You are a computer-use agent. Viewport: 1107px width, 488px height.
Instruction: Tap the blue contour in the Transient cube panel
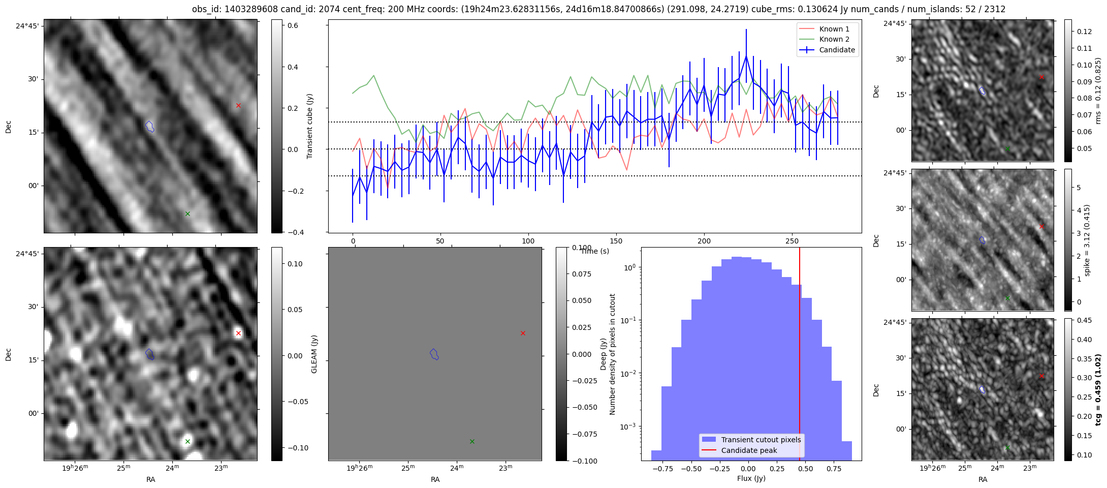[x=149, y=126]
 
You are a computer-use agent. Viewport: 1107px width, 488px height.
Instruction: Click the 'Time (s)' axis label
[x=595, y=251]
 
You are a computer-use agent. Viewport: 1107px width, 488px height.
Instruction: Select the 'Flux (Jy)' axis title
[x=751, y=478]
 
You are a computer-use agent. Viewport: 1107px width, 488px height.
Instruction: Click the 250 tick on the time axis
[x=792, y=241]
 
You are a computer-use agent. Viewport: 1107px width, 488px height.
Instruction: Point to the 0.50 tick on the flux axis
[x=806, y=469]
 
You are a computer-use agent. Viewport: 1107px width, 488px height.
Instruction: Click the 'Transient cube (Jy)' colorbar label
[x=309, y=126]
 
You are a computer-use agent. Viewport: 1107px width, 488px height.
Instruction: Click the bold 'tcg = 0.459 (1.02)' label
[x=1098, y=390]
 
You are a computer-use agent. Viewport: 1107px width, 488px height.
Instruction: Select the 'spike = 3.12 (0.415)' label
[x=1087, y=240]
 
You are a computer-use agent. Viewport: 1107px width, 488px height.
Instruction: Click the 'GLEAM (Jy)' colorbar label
[x=314, y=354]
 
